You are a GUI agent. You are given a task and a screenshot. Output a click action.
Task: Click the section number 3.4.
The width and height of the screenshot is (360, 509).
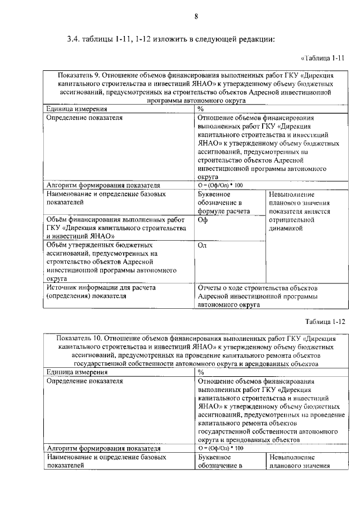(74, 39)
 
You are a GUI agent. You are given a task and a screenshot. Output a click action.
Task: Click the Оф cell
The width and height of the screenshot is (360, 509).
(203, 220)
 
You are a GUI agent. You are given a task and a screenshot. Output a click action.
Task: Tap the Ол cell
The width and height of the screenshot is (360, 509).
(203, 246)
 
